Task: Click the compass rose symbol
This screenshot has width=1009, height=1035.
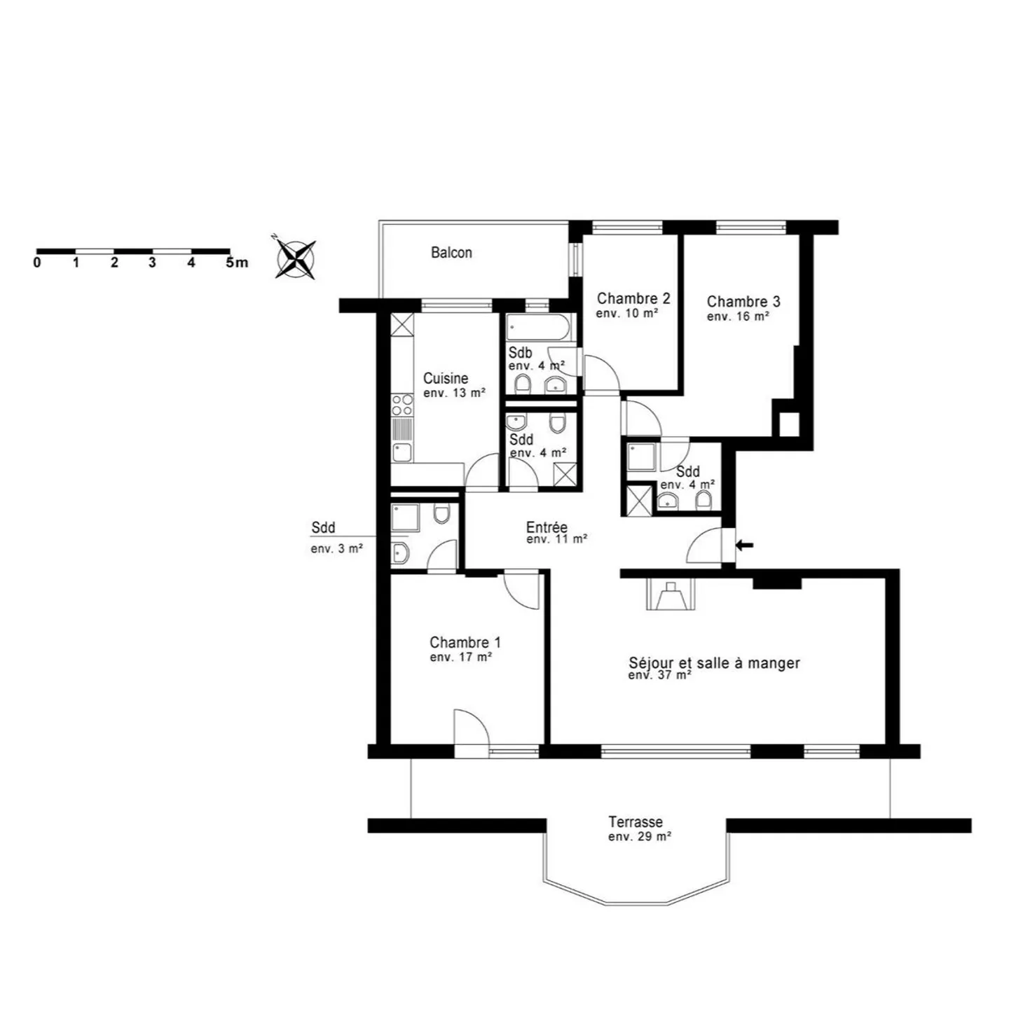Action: pos(296,259)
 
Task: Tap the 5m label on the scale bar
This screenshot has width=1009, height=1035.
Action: pos(237,263)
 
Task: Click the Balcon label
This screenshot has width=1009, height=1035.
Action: pos(451,253)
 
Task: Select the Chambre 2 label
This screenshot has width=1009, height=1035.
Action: pos(633,298)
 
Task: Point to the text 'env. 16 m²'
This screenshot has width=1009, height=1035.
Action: pos(738,317)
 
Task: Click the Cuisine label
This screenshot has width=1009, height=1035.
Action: pos(446,379)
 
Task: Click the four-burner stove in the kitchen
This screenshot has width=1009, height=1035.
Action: pos(402,405)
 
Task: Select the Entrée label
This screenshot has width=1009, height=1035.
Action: pos(547,527)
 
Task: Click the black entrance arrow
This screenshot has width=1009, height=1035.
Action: pos(745,545)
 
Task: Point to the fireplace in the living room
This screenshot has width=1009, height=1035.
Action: pos(671,595)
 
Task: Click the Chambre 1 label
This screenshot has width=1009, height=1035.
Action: pos(465,642)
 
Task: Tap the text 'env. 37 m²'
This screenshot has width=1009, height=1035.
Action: pos(659,676)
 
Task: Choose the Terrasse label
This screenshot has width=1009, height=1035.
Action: pos(636,822)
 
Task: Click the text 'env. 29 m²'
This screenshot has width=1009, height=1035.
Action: pos(639,837)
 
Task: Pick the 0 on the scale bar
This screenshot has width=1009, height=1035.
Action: pos(36,263)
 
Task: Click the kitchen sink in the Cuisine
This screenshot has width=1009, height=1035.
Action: pos(402,452)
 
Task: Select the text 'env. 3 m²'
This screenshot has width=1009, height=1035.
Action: pos(337,549)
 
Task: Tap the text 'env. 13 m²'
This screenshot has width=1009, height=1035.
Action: pos(455,394)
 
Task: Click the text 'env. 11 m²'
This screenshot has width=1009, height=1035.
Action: pos(556,539)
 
